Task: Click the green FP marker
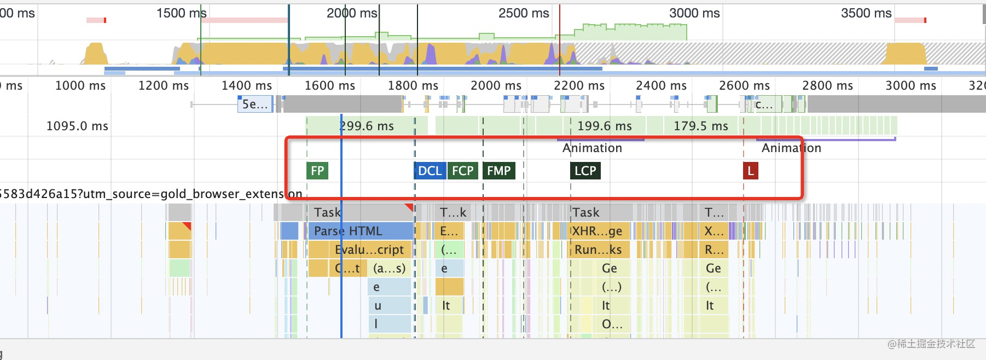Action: pyautogui.click(x=317, y=171)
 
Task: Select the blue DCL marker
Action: pyautogui.click(x=430, y=171)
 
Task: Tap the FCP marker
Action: pyautogui.click(x=462, y=171)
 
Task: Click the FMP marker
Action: pyautogui.click(x=498, y=171)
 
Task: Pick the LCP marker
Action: pyautogui.click(x=585, y=171)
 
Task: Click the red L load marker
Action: pyautogui.click(x=750, y=171)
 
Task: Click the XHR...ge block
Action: pyautogui.click(x=597, y=231)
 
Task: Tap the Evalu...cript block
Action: pyautogui.click(x=369, y=249)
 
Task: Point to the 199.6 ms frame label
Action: pyautogui.click(x=604, y=126)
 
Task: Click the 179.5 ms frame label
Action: pyautogui.click(x=700, y=126)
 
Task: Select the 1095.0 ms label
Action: pyautogui.click(x=77, y=126)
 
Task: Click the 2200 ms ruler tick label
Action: pyautogui.click(x=579, y=85)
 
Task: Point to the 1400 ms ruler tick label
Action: pyautogui.click(x=246, y=85)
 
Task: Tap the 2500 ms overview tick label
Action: pyautogui.click(x=523, y=13)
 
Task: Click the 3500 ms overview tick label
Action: pyautogui.click(x=866, y=13)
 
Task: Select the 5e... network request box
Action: pyautogui.click(x=254, y=104)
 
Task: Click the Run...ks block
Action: pyautogui.click(x=598, y=249)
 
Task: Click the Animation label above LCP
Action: pyautogui.click(x=592, y=148)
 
